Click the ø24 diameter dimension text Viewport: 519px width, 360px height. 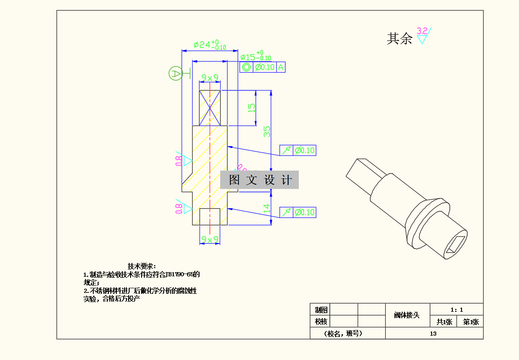(x=210, y=45)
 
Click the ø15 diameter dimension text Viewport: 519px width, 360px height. (x=256, y=57)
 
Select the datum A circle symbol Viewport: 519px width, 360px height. (x=175, y=73)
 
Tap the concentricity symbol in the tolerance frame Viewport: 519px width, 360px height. (x=246, y=67)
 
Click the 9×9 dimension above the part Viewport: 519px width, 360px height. (x=210, y=78)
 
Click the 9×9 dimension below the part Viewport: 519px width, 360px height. (x=210, y=240)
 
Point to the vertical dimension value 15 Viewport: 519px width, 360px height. (x=251, y=108)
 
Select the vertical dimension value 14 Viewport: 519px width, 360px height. (x=267, y=208)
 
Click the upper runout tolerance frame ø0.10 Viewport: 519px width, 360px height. (x=298, y=150)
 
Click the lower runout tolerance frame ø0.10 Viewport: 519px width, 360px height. (x=298, y=212)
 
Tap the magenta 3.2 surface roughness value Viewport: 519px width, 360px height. (x=422, y=31)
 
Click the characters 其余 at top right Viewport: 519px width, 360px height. (x=399, y=39)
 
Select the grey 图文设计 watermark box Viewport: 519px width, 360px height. (x=260, y=180)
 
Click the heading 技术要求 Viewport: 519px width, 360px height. (x=142, y=266)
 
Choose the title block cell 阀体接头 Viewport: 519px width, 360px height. (x=407, y=315)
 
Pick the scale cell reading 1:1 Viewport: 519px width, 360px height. (x=456, y=309)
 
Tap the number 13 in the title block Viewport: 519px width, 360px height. (x=433, y=334)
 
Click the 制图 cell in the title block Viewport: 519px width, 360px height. (x=320, y=309)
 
